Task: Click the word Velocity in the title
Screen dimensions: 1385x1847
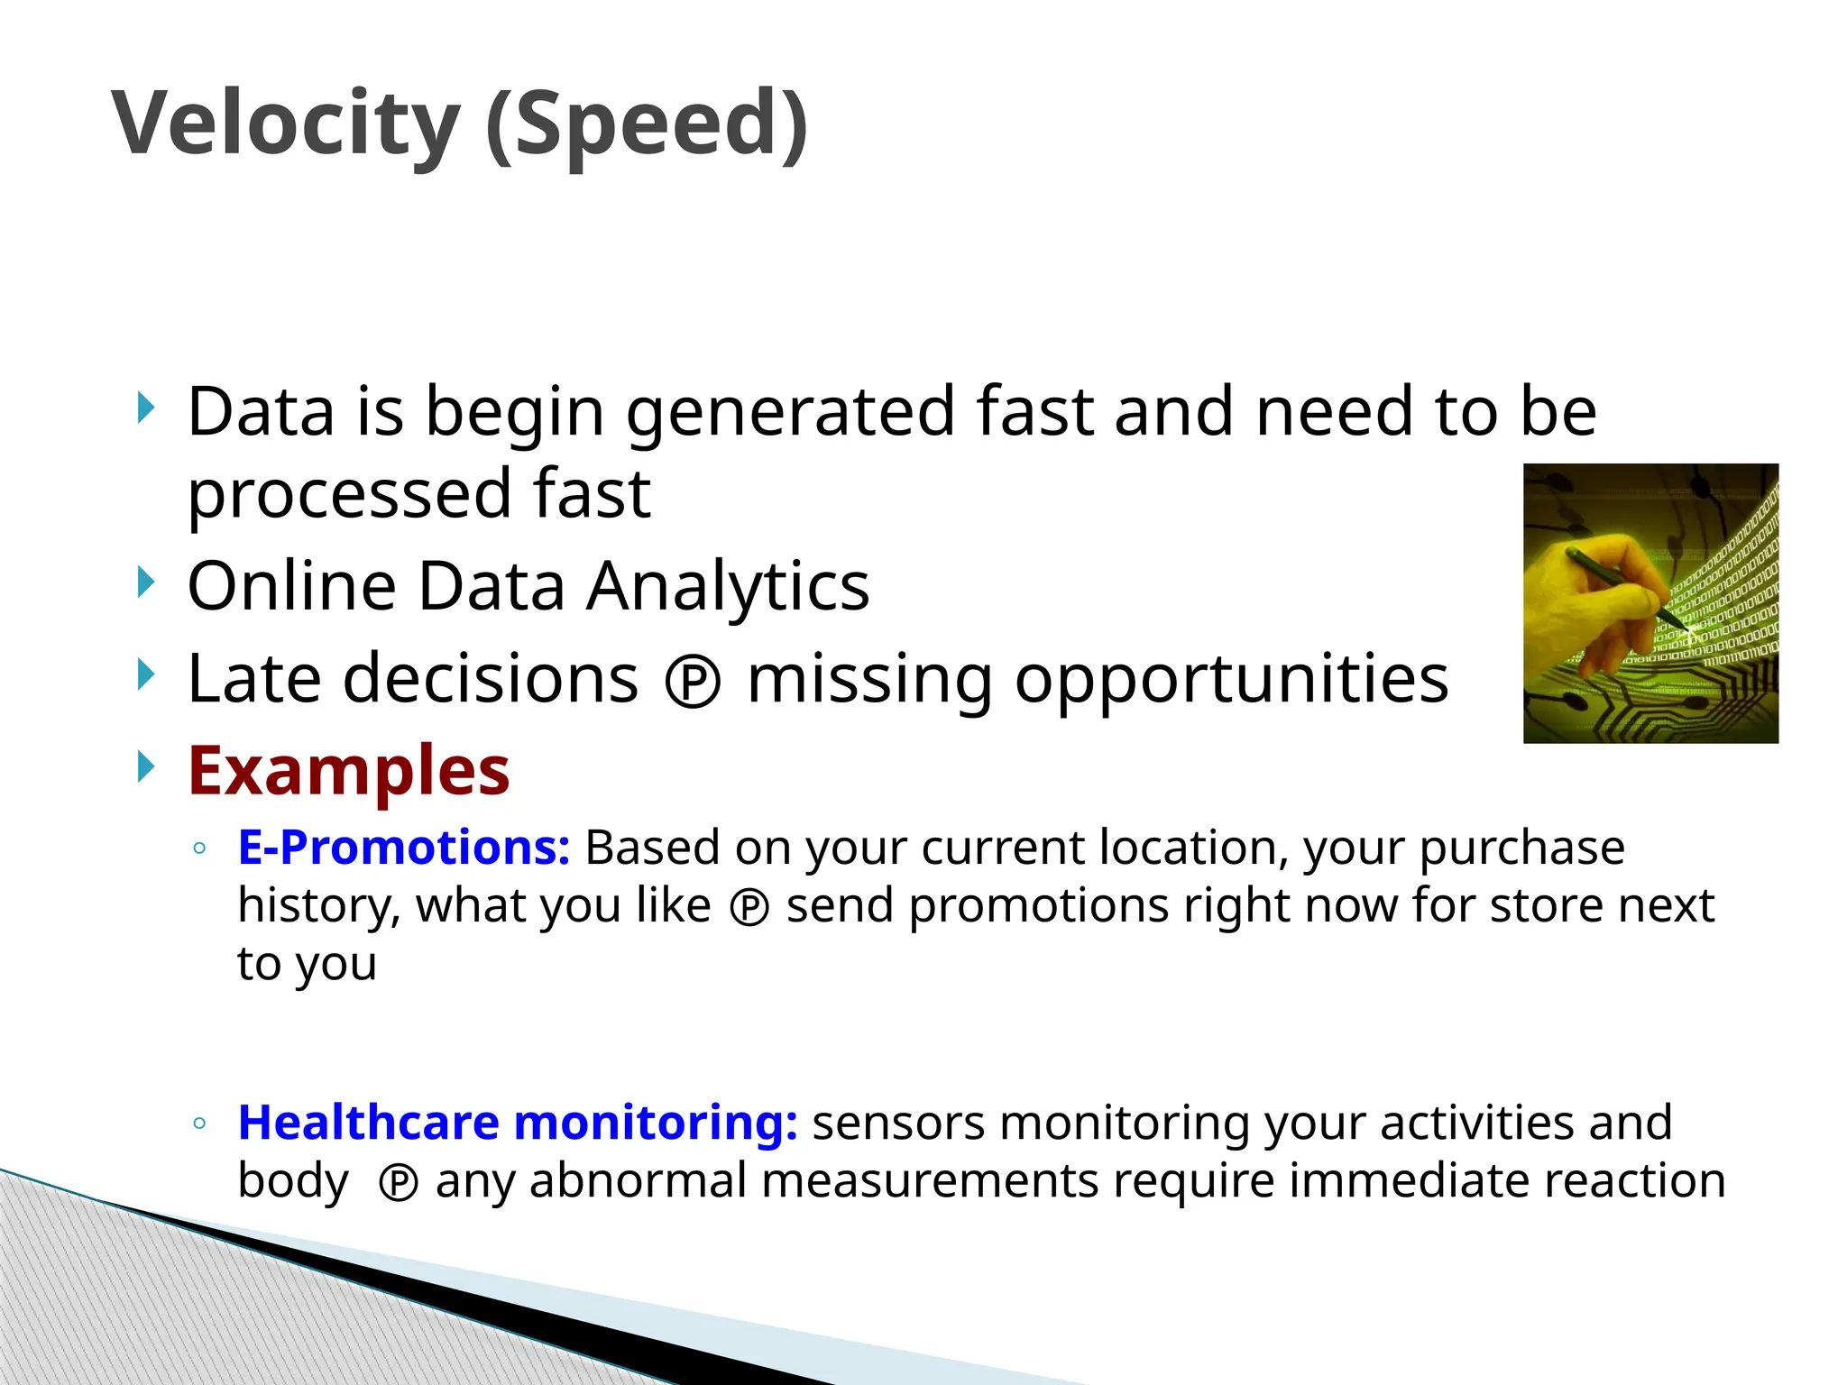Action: coord(286,124)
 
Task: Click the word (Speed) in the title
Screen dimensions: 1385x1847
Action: coord(647,124)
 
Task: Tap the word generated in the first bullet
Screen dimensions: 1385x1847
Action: coord(790,412)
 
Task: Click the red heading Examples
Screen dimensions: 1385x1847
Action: coord(348,771)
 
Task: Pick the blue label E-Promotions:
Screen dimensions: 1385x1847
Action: coord(403,848)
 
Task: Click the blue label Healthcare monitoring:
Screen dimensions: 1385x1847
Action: coord(517,1123)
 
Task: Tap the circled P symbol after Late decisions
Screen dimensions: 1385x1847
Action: coord(693,683)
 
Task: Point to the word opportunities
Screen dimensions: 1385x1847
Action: coord(1231,679)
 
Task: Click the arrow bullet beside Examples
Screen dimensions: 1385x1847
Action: coord(146,766)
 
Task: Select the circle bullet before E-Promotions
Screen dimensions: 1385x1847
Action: coord(200,848)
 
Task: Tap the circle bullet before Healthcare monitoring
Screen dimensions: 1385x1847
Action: coord(200,1124)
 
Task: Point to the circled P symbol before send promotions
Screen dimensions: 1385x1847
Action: coord(749,908)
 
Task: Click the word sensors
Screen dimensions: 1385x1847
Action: coord(898,1123)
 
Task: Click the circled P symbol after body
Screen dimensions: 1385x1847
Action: coord(398,1183)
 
